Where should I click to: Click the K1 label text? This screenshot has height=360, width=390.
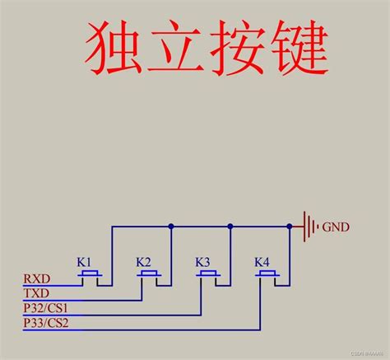pos(85,262)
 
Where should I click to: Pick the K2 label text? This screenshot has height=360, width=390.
pos(144,262)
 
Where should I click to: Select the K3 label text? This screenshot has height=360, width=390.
pos(203,262)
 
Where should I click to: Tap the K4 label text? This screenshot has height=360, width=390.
pos(262,262)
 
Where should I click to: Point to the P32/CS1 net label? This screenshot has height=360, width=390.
pos(45,309)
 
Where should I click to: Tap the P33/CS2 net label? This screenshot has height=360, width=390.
pos(45,324)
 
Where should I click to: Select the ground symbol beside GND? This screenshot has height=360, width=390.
pos(309,225)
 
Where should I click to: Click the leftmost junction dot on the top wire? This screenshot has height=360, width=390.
pos(170,225)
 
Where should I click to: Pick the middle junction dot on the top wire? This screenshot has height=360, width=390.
pos(230,225)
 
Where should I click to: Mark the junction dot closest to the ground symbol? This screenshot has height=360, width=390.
pos(289,225)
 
